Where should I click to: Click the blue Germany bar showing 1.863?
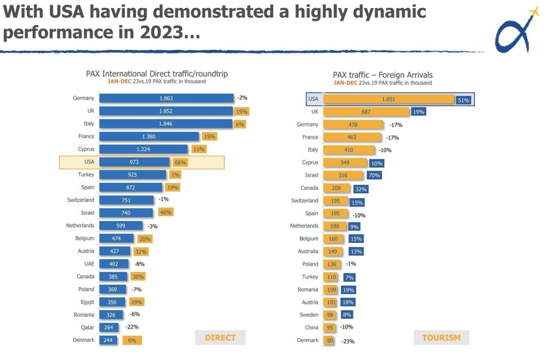pos(166,98)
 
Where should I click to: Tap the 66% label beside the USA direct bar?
pos(180,162)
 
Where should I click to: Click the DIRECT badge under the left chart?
pos(220,338)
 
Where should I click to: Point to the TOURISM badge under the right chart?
pos(441,338)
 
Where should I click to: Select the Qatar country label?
pos(87,327)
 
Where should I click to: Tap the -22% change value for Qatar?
pos(132,327)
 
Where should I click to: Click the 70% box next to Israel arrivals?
pos(374,175)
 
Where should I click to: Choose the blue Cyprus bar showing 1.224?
pos(143,149)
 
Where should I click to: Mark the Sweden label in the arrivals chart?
pos(309,315)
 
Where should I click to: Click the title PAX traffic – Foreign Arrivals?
pos(383,75)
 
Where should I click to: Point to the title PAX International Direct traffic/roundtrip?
pos(157,74)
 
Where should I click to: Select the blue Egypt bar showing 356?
pos(112,302)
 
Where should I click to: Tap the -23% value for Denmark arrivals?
pos(348,341)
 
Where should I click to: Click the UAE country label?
pos(89,264)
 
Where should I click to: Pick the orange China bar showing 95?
pos(330,328)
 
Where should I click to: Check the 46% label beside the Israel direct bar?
pos(165,212)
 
